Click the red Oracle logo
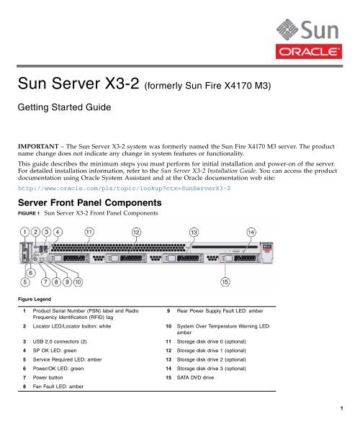pyautogui.click(x=309, y=52)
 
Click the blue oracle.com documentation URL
pyautogui.click(x=125, y=189)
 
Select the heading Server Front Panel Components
pyautogui.click(x=90, y=203)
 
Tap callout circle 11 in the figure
pyautogui.click(x=89, y=232)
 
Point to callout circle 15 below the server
pyautogui.click(x=225, y=282)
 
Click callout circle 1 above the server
pyautogui.click(x=24, y=232)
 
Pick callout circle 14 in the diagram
pyautogui.click(x=251, y=233)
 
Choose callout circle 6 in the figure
pyautogui.click(x=30, y=273)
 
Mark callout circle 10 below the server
pyautogui.click(x=78, y=282)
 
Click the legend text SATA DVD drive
pyautogui.click(x=195, y=378)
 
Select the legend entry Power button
pyautogui.click(x=48, y=378)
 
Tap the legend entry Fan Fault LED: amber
pyautogui.click(x=58, y=387)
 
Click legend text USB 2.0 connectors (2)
pyautogui.click(x=60, y=341)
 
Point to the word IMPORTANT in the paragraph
pyautogui.click(x=38, y=146)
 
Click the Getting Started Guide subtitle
pyautogui.click(x=65, y=107)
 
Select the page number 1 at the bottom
pyautogui.click(x=341, y=408)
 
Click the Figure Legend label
pyautogui.click(x=35, y=300)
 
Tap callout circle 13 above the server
pyautogui.click(x=194, y=233)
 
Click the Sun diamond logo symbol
pyautogui.click(x=287, y=30)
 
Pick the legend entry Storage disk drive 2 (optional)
pyautogui.click(x=211, y=360)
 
